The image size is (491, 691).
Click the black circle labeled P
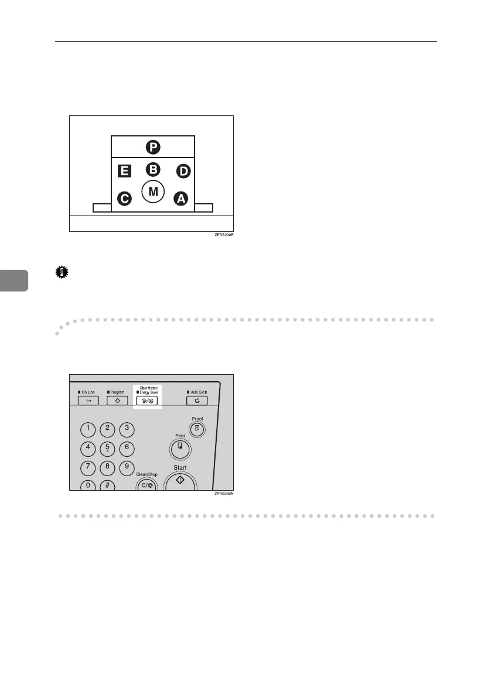152,146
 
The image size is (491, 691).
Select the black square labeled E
123,171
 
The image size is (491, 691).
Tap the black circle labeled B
152,170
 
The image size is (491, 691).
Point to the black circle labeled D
183,171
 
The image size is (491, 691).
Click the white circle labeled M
152,192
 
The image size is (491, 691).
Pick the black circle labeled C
124,199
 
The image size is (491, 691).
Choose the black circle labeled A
180,200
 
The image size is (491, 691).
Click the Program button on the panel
117,401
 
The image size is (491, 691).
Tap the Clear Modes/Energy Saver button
146,401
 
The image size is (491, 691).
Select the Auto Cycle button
197,401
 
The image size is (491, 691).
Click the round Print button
179,450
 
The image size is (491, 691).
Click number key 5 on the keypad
107,449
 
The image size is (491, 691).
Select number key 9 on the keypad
126,467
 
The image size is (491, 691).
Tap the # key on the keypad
107,485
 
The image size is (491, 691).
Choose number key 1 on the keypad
88,429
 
